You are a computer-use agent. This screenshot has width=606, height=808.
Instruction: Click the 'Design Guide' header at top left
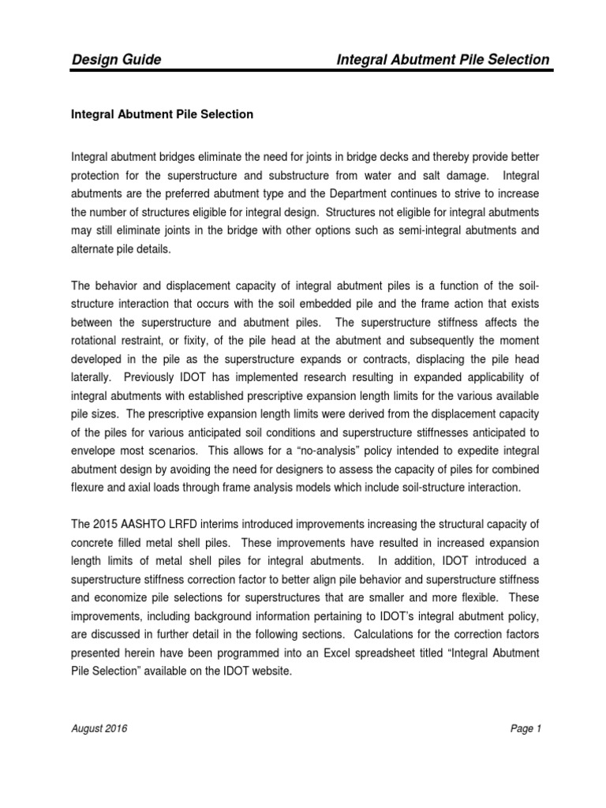117,60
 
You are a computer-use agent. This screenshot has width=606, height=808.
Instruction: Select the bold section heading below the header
162,114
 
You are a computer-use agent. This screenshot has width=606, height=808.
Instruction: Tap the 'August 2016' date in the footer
99,730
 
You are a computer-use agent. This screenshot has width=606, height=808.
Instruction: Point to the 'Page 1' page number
525,730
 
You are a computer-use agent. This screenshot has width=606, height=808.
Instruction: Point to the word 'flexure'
90,488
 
